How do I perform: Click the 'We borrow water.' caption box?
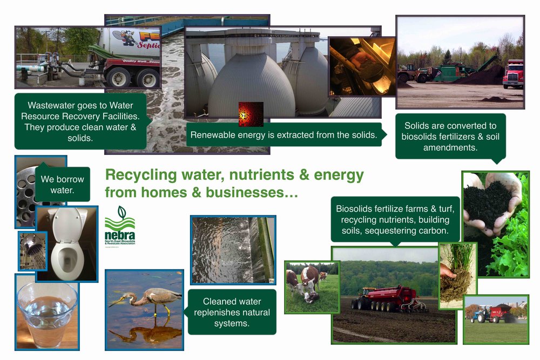point(62,184)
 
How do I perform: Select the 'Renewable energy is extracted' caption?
point(283,135)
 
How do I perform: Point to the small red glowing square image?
point(251,114)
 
